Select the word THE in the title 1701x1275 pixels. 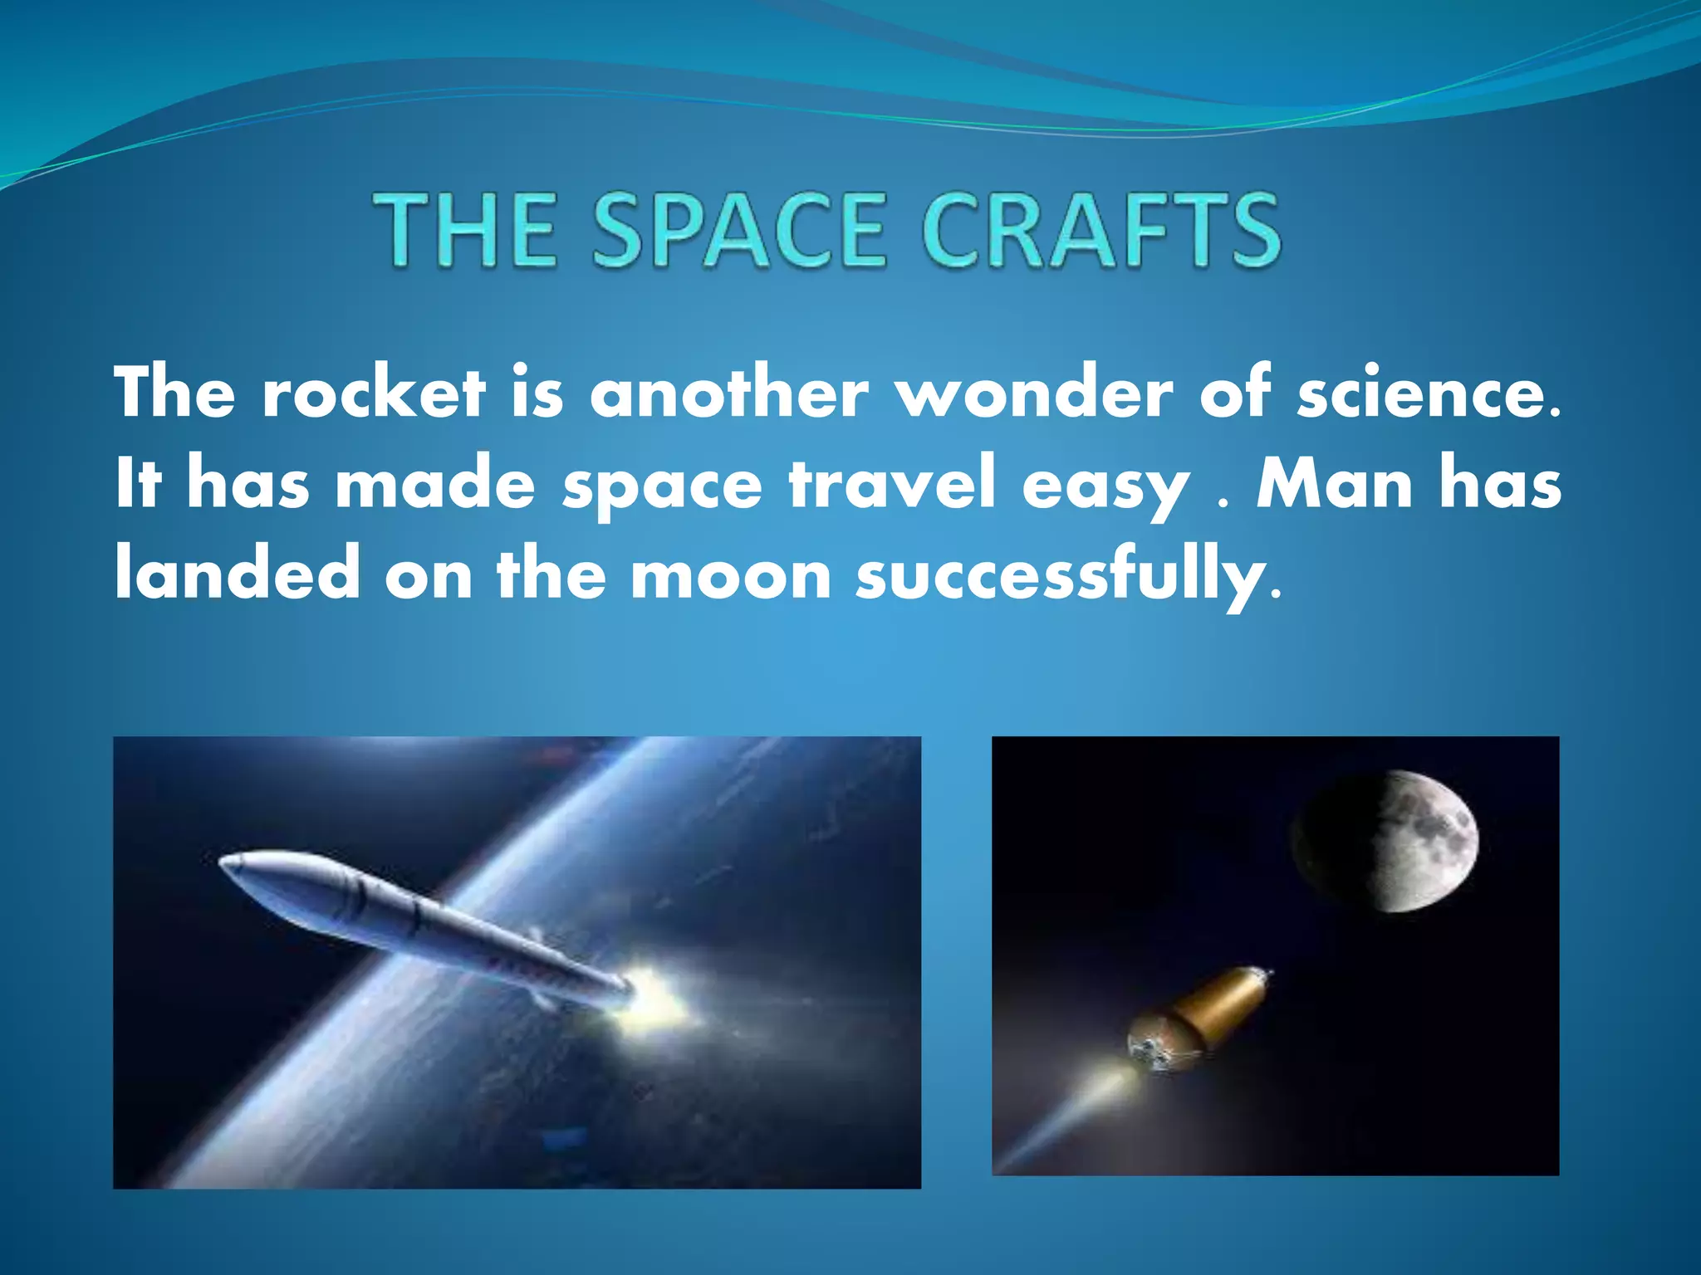467,230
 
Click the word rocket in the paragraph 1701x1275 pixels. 373,393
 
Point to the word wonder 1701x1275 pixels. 1036,393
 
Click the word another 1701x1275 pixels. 728,393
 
